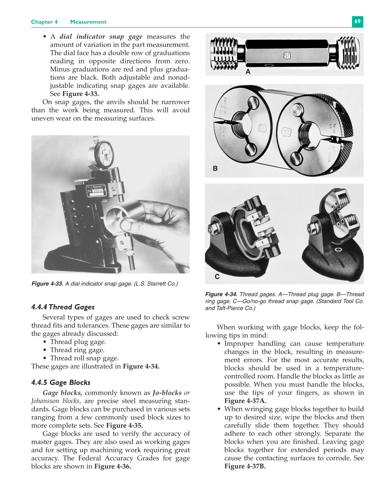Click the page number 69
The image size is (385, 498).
coord(357,21)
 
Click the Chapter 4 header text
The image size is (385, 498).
coord(44,22)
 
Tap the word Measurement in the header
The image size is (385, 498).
coord(88,22)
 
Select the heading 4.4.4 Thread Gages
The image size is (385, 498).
coord(63,307)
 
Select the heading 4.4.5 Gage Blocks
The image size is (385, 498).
coord(61,382)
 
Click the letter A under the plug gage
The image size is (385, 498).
coord(248,72)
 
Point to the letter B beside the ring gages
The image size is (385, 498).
coord(215,168)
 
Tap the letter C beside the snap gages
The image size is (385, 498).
coord(217,276)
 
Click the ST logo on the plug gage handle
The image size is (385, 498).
coord(287,55)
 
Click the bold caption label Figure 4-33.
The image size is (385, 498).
coord(47,283)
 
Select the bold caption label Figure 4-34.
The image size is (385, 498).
coord(221,294)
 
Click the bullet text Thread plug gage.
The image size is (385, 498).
coord(78,342)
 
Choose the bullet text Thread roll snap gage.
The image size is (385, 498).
coord(84,358)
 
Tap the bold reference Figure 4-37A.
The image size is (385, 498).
coord(245,401)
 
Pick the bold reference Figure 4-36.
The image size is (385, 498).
coord(112,466)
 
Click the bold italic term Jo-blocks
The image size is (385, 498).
coord(167,393)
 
